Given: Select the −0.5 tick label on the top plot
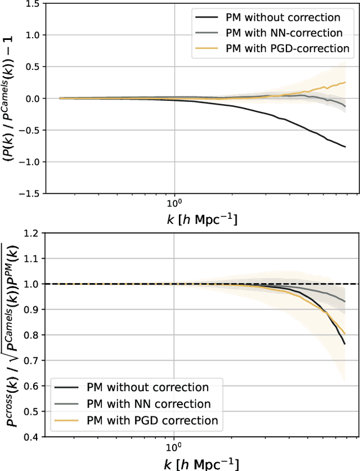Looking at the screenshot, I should tap(29, 130).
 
